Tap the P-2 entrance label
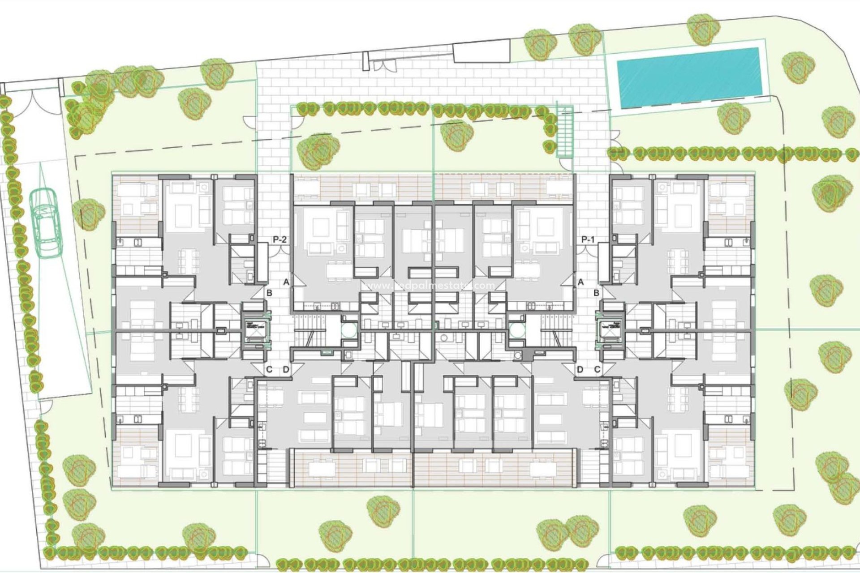click(279, 240)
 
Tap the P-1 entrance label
click(588, 240)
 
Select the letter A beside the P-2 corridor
click(286, 282)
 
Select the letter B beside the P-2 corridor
click(270, 293)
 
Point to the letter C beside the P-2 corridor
click(269, 369)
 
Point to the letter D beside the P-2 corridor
click(286, 369)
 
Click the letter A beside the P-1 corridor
click(581, 282)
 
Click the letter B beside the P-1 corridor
click(597, 293)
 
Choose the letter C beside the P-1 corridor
click(597, 369)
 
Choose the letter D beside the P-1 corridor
click(580, 369)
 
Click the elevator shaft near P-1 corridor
click(611, 331)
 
